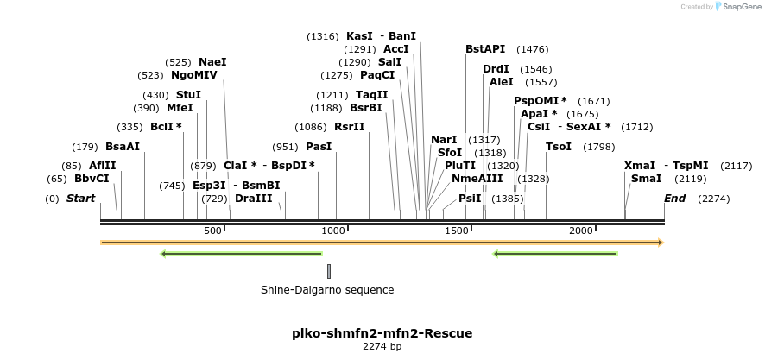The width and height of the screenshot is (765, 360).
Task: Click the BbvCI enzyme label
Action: (x=92, y=179)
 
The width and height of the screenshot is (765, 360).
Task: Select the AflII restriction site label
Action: (x=102, y=165)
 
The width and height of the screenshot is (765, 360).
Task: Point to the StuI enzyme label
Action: (x=188, y=94)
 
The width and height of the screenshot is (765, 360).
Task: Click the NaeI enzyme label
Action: (x=212, y=62)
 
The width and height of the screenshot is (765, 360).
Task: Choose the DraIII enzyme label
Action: (x=253, y=198)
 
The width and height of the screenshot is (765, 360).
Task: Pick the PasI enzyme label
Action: (x=319, y=146)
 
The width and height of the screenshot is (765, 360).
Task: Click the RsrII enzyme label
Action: (x=349, y=126)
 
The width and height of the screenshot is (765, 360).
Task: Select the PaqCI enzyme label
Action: (x=377, y=75)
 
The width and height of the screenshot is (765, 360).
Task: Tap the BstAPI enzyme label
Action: (x=485, y=49)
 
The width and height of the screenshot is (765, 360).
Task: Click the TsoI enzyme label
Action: (x=559, y=146)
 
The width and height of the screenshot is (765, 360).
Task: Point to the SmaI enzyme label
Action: (x=647, y=179)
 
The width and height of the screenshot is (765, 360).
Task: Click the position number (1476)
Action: (x=532, y=49)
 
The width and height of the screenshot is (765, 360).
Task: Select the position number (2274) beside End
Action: (x=714, y=199)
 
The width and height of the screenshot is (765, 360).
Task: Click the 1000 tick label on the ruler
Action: (x=333, y=231)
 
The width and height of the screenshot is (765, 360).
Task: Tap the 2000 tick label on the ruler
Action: (x=581, y=231)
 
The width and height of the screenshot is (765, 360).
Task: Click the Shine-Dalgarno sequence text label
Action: (x=327, y=290)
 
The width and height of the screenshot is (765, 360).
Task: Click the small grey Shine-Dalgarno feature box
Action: (x=329, y=271)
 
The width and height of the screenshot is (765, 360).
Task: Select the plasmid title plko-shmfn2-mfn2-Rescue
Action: (x=382, y=332)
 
